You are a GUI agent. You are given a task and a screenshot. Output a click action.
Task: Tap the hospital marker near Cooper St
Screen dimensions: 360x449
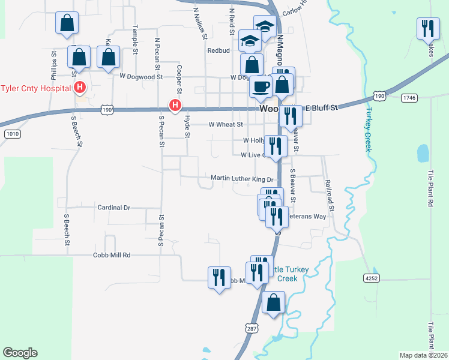[175, 106]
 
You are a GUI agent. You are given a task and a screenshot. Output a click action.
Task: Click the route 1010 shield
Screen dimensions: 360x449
[11, 133]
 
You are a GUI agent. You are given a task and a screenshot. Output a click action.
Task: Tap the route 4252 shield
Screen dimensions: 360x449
[372, 278]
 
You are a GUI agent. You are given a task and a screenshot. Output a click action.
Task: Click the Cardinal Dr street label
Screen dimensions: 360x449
[113, 208]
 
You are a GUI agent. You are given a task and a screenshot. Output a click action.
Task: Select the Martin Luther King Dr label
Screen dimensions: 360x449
[242, 179]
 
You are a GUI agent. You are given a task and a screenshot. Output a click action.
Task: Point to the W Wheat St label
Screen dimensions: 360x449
[225, 125]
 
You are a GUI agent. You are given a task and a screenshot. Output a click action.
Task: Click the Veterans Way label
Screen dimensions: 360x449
[308, 216]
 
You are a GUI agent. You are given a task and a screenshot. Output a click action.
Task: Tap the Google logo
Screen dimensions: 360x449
[20, 353]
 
